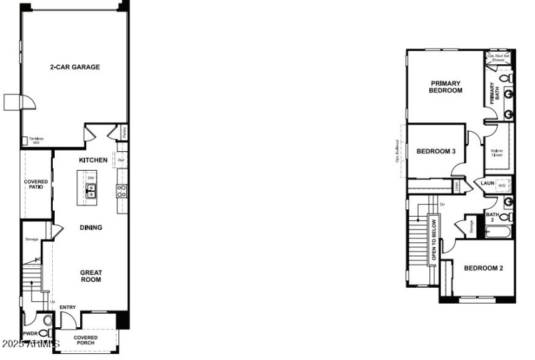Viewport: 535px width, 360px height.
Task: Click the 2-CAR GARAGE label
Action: pos(74,67)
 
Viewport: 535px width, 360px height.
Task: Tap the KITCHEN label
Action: pos(93,161)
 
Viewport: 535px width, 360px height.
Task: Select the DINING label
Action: pos(91,228)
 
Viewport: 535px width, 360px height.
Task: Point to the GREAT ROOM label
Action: pos(91,276)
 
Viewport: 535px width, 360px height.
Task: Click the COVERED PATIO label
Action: pos(35,184)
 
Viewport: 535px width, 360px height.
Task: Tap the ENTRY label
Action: pos(68,308)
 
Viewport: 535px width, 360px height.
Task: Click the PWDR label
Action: pos(29,333)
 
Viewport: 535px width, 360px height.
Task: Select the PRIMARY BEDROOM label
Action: pos(446,87)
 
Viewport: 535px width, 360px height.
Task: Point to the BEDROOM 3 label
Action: pos(436,151)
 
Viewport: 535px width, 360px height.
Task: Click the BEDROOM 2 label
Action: pos(484,268)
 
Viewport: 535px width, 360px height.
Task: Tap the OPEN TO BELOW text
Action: pos(433,240)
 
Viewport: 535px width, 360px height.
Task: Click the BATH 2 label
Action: pos(492,215)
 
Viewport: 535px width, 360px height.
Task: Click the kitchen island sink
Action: pos(90,191)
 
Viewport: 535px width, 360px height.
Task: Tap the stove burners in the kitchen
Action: pos(122,191)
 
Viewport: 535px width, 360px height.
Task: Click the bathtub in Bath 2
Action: pos(498,233)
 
